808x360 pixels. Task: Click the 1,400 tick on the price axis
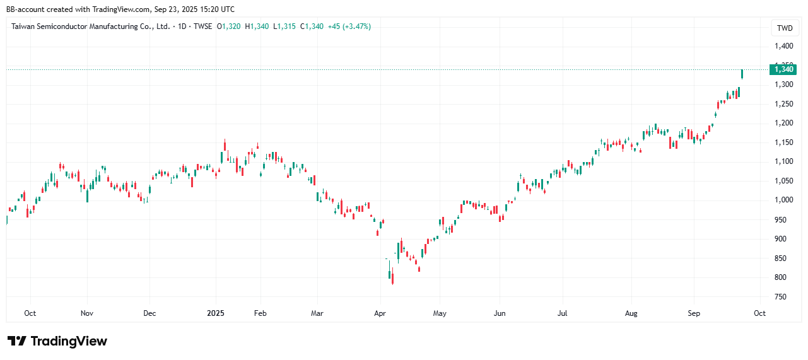pos(783,46)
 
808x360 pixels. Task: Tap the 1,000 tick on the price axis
pos(783,200)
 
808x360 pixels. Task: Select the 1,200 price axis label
pos(783,123)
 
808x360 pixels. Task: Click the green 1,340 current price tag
pos(783,69)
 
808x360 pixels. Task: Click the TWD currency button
pos(784,28)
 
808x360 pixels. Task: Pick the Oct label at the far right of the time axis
pos(759,313)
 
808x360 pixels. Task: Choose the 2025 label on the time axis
pos(216,313)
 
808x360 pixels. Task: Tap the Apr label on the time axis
pos(379,313)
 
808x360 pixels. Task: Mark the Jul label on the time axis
pos(563,313)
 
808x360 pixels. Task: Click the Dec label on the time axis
pos(149,313)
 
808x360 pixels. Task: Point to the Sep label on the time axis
pos(694,313)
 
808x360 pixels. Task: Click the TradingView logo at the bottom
pos(57,341)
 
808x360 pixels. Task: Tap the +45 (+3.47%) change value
pos(349,26)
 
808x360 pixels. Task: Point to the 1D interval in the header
pos(182,26)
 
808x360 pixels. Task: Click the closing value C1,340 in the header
pos(312,26)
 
